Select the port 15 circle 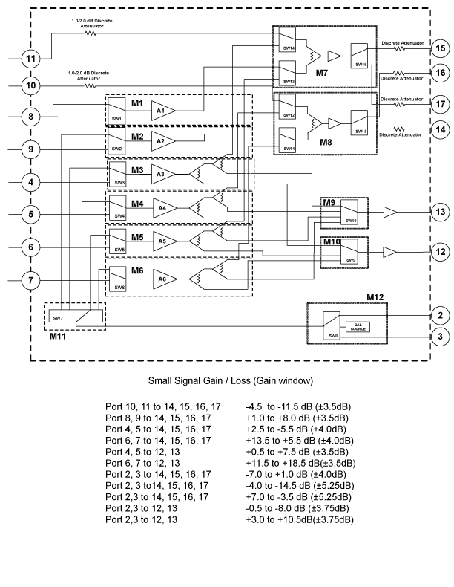tap(439, 49)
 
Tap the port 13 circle tap(439, 213)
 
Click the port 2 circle tap(439, 316)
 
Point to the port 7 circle tap(30, 280)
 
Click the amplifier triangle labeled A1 tap(163, 111)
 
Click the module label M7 tap(321, 74)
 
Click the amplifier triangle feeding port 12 tap(389, 251)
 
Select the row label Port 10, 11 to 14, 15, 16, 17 tap(159, 408)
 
